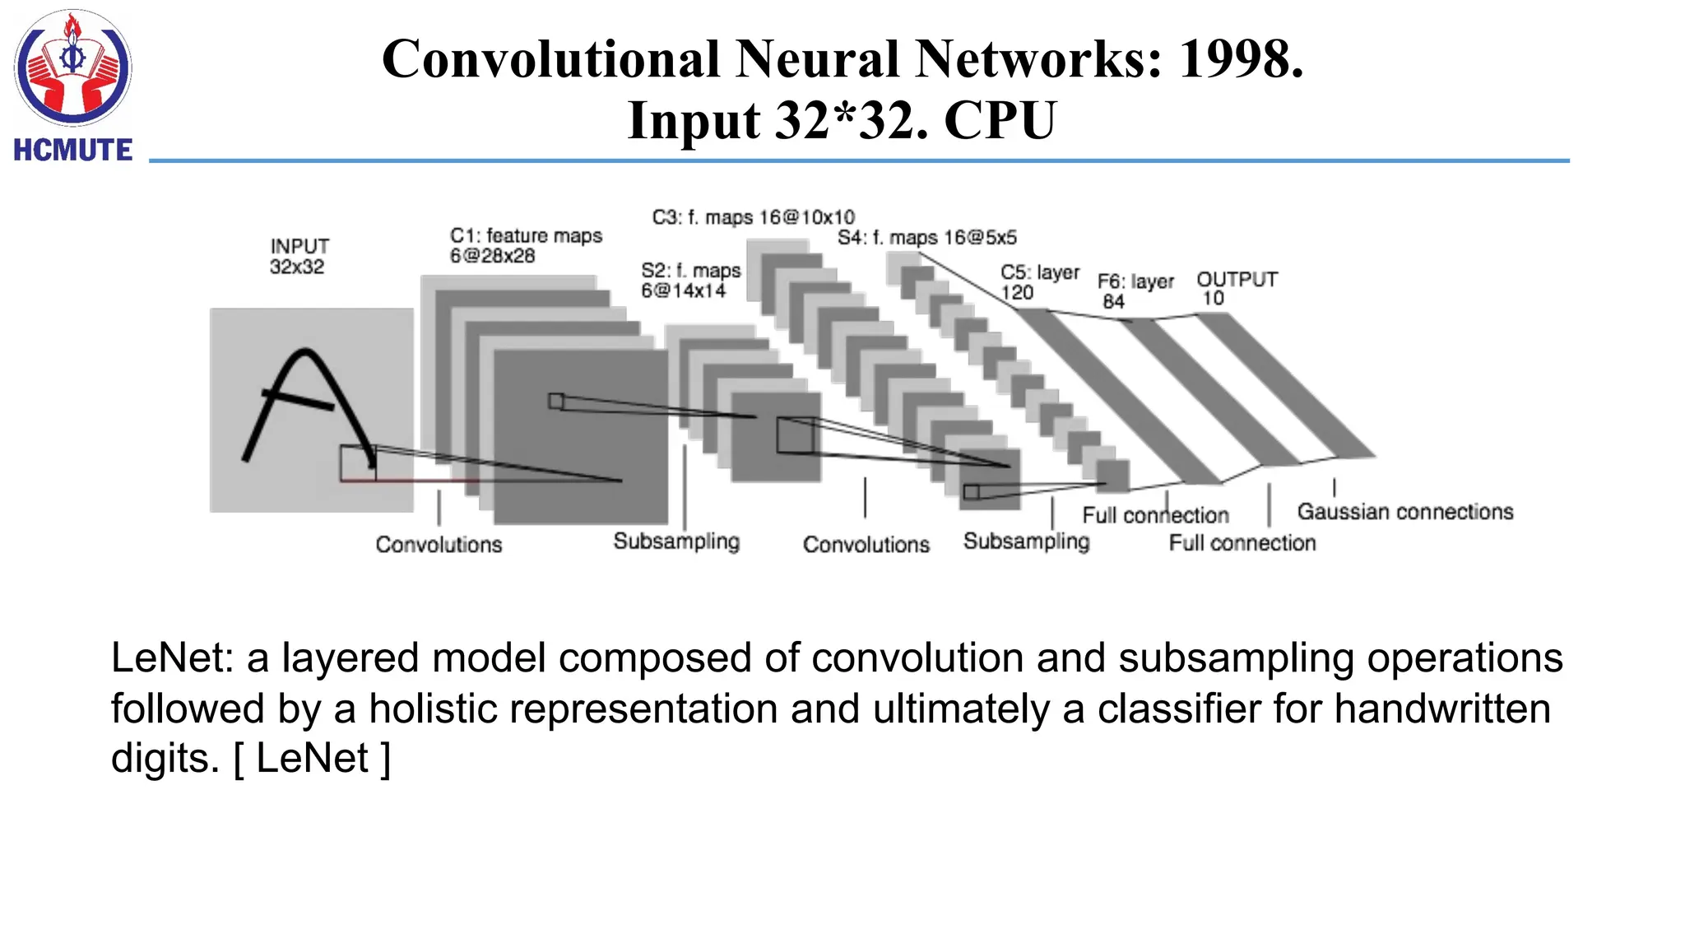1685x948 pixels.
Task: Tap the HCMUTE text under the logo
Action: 73,151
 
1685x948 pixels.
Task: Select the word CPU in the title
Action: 1000,120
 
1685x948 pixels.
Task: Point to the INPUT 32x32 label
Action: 299,256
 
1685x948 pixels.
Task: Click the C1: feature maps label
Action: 526,245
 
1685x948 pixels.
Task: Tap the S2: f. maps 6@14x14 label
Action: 690,280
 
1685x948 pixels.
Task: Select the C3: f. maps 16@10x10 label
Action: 753,217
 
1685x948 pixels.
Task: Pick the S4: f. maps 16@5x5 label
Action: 927,238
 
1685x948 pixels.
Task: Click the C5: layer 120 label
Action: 1039,281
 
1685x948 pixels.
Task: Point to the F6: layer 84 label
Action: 1135,290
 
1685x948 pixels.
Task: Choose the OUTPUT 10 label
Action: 1236,288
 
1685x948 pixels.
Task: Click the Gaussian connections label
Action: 1404,512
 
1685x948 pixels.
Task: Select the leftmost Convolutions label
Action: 439,544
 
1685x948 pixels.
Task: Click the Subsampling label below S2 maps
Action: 676,541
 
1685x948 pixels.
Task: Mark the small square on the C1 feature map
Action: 556,402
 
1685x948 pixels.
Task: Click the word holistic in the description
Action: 433,709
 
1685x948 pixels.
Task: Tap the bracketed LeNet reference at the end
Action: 312,758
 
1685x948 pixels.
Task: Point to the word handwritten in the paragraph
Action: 1441,709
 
